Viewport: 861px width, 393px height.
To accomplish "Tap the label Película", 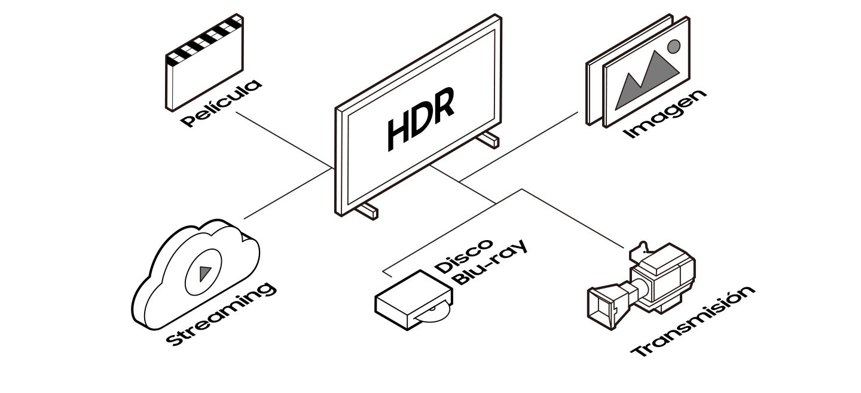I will [222, 103].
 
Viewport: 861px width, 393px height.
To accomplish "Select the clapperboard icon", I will [204, 63].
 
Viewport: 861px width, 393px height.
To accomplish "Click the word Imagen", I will [665, 114].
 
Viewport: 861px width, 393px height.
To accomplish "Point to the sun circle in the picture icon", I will [674, 47].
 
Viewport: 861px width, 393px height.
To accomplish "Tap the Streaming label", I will [221, 314].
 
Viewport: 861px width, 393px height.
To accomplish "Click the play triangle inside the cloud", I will [205, 274].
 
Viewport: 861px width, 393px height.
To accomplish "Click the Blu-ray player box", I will [411, 300].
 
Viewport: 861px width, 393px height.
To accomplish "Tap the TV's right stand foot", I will [488, 139].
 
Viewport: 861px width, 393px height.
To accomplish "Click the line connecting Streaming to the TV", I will [287, 194].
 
